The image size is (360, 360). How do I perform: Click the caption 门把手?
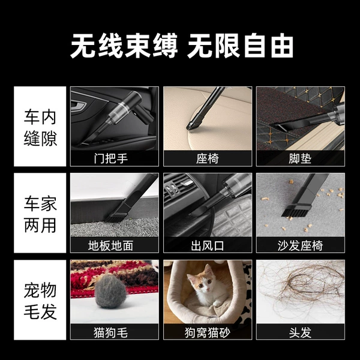pyautogui.click(x=110, y=158)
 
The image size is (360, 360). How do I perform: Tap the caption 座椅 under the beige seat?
pyautogui.click(x=208, y=158)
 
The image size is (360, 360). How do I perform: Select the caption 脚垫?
pyautogui.click(x=300, y=158)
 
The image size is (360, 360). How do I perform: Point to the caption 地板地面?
pyautogui.click(x=110, y=245)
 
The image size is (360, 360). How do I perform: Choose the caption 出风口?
pyautogui.click(x=208, y=245)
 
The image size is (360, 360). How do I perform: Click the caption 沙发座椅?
pyautogui.click(x=300, y=245)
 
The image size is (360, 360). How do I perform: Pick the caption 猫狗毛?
pyautogui.click(x=110, y=332)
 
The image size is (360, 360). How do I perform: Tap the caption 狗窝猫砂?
pyautogui.click(x=208, y=332)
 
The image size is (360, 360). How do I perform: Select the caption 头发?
pyautogui.click(x=300, y=332)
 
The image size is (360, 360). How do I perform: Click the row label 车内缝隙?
pyautogui.click(x=40, y=128)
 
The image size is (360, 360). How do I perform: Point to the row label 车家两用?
pyautogui.click(x=40, y=214)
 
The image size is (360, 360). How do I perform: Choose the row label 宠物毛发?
pyautogui.click(x=40, y=301)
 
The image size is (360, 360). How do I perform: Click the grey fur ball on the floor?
pyautogui.click(x=110, y=291)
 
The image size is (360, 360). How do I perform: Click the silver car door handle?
pyautogui.click(x=79, y=105)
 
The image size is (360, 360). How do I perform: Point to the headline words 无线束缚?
pyautogui.click(x=124, y=46)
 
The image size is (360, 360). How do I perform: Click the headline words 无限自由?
pyautogui.click(x=241, y=46)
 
